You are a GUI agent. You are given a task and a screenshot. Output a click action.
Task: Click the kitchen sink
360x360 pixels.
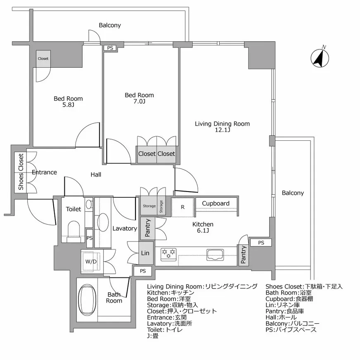point(215,254)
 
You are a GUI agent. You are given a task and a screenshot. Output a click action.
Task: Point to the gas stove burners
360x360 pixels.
point(168,253)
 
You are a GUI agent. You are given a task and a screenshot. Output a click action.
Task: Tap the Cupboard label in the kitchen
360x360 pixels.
point(216,204)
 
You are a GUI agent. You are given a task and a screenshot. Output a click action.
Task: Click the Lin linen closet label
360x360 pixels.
point(144,253)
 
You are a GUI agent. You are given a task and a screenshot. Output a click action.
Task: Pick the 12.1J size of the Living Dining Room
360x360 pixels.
point(223,130)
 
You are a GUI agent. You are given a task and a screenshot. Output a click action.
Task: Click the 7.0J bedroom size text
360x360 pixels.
point(139,102)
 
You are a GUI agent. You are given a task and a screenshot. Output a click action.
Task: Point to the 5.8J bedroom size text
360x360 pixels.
point(68,105)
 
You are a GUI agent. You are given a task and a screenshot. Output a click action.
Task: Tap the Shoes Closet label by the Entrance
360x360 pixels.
point(21,173)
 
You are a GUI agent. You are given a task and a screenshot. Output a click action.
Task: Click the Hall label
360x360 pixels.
point(96,175)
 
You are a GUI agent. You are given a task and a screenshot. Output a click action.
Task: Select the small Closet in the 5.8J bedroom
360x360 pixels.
point(43,59)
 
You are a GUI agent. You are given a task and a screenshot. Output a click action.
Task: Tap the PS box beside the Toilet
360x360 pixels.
point(89,238)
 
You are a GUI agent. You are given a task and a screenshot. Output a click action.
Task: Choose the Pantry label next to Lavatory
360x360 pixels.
point(148,228)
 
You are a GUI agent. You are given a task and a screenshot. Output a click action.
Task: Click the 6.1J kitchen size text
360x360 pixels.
point(203,230)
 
